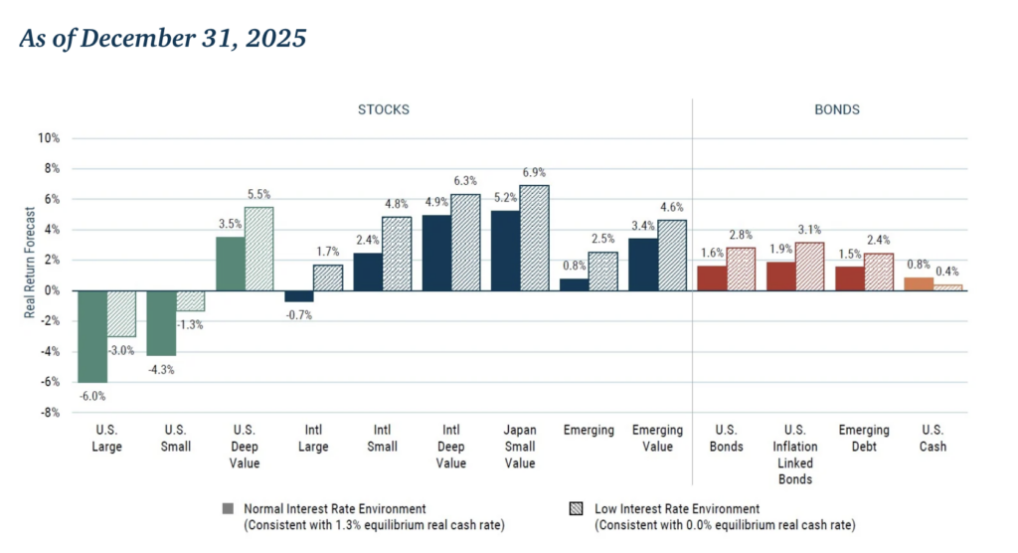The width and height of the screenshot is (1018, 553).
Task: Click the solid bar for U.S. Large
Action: coord(92,336)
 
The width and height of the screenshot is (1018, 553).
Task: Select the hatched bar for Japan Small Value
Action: coord(534,238)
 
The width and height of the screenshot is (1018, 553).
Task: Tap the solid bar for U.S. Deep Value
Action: coord(232,264)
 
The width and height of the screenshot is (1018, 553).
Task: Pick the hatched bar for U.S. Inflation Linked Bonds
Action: coord(810,267)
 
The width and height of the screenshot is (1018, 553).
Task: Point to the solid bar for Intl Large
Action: coord(299,295)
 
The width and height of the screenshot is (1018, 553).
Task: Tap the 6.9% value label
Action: coord(535,175)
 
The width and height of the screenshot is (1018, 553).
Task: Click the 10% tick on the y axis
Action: coord(49,138)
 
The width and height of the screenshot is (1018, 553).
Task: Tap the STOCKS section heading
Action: coord(383,109)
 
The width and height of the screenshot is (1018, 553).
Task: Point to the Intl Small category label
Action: coord(383,439)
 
